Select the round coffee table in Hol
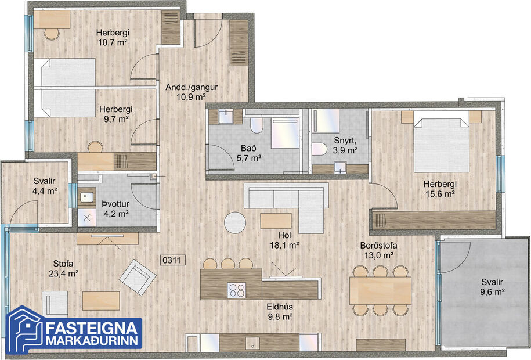tap(236, 222)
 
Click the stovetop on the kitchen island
tap(236, 289)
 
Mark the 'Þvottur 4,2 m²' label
tap(114, 208)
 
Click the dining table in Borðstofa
tap(380, 289)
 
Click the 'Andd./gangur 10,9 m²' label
tap(192, 92)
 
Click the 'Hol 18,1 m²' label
tap(284, 240)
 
